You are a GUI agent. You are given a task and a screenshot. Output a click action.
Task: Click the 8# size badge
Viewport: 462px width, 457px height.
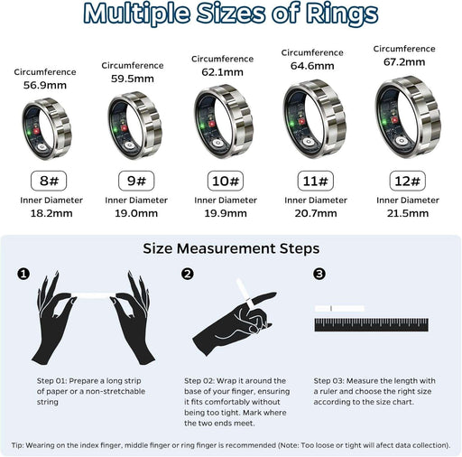(x=44, y=179)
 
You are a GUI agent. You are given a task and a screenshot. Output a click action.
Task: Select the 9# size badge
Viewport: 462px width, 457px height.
(x=134, y=179)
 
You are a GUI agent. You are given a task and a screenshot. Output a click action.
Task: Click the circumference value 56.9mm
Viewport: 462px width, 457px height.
(x=44, y=86)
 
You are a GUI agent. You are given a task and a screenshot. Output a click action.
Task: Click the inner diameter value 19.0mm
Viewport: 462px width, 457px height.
(x=134, y=215)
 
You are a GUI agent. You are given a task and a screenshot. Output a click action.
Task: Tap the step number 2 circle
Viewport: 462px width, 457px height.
(x=188, y=274)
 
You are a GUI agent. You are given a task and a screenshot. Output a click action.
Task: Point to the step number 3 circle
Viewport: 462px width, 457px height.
(x=319, y=274)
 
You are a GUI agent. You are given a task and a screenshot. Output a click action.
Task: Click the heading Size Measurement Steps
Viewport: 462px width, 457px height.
(x=231, y=247)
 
